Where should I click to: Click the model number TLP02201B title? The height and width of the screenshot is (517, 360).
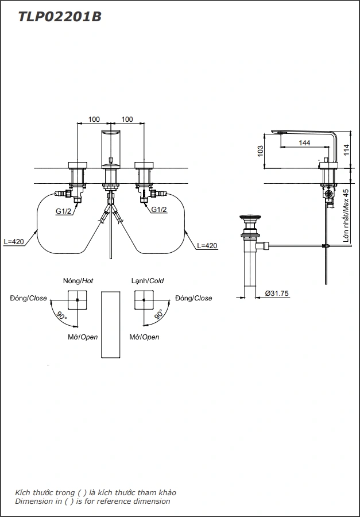(60, 17)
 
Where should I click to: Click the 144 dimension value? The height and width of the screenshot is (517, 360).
(305, 142)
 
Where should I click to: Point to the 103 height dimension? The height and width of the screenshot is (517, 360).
(261, 151)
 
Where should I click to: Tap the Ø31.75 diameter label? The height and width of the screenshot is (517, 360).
(277, 293)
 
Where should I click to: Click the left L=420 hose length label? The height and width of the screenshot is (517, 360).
(13, 242)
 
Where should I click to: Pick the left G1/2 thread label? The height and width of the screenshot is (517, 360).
(63, 211)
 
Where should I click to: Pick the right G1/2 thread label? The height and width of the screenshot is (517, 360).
(159, 210)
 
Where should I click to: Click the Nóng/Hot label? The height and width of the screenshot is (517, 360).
(78, 281)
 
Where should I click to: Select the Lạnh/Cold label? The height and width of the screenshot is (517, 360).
(147, 281)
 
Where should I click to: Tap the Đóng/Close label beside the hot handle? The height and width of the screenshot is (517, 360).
(28, 298)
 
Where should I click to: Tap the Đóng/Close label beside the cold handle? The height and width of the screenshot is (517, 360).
(193, 298)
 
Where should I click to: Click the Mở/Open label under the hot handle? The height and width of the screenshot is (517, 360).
(83, 337)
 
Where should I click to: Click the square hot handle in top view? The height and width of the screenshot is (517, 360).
(78, 300)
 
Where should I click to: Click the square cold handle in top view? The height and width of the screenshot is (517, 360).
(144, 300)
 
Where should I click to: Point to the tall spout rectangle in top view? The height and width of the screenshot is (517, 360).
(111, 325)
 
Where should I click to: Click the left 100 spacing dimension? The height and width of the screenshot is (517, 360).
(94, 119)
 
